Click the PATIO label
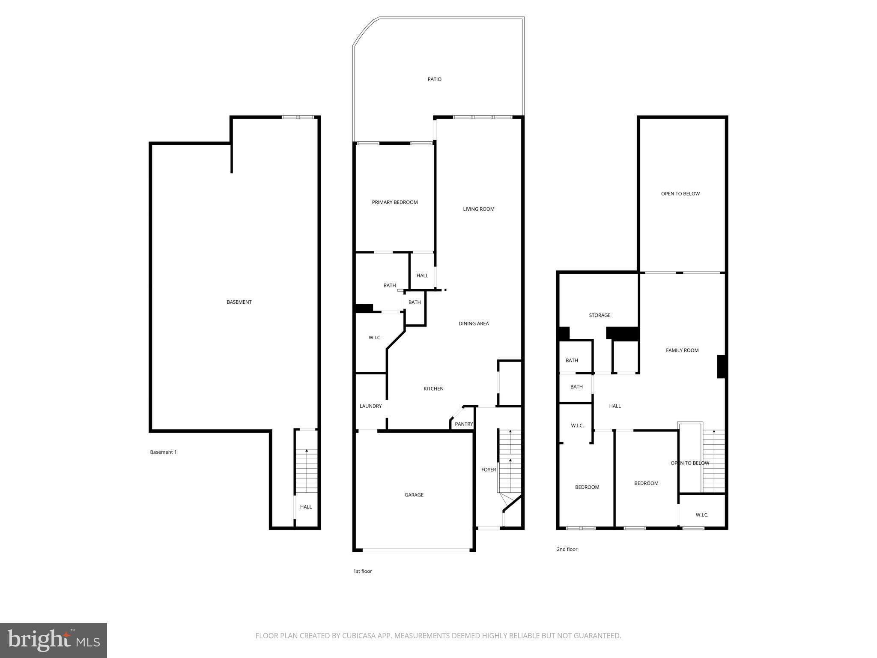point(434,79)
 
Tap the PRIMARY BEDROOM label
point(394,202)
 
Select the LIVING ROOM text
point(478,209)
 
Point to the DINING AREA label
point(474,323)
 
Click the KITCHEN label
point(433,389)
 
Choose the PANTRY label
point(464,424)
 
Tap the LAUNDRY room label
point(370,406)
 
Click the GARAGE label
point(414,495)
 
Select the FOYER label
point(488,470)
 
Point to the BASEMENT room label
point(239,302)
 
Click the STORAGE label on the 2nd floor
point(600,315)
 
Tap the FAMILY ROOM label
point(682,350)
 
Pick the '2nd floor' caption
point(567,549)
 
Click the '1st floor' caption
point(362,571)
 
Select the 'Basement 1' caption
point(163,452)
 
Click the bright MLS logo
point(53,640)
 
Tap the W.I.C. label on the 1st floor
point(375,338)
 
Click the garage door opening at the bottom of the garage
point(415,549)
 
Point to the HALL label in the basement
point(306,507)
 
